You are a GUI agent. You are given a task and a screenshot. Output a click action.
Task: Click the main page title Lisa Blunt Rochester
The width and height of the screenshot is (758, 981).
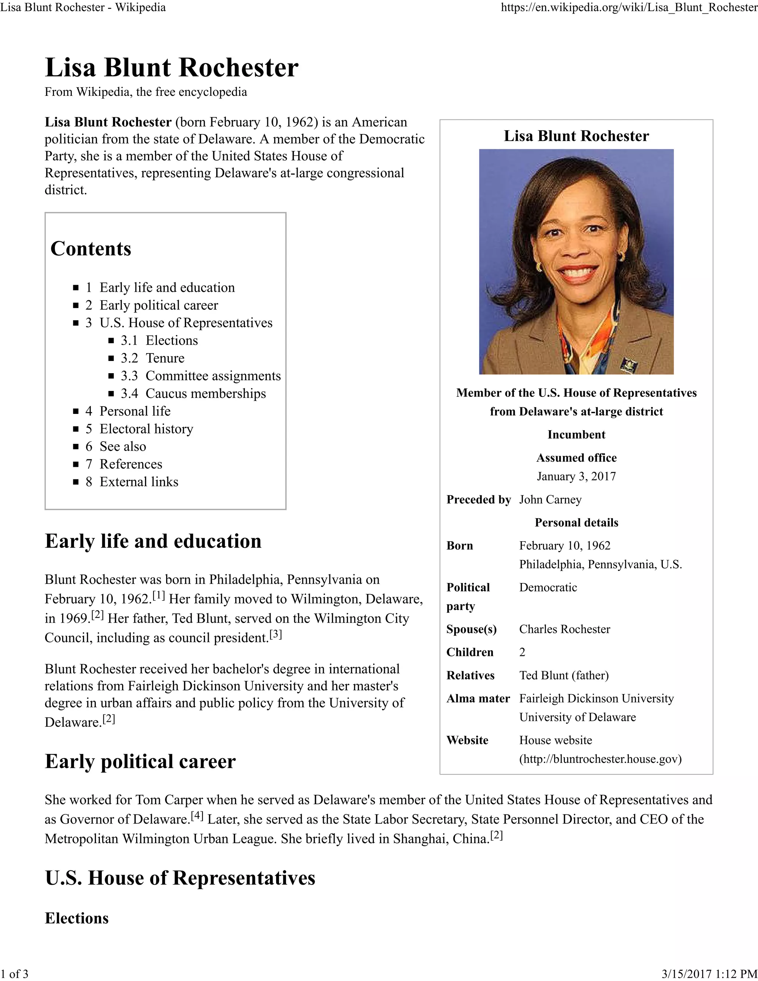(x=171, y=68)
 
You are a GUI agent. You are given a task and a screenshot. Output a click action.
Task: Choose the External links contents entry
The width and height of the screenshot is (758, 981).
(x=139, y=482)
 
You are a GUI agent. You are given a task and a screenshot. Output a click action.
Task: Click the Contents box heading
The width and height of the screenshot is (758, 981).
(x=91, y=248)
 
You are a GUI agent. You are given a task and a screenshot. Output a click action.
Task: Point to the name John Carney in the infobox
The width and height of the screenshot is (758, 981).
(x=550, y=499)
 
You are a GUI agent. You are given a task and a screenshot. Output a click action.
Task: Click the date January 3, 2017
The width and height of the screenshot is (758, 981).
(x=576, y=476)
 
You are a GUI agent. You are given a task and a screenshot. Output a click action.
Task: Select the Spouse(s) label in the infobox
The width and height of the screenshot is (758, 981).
(x=471, y=629)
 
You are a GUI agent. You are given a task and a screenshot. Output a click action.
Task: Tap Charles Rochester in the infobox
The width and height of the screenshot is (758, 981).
(x=564, y=629)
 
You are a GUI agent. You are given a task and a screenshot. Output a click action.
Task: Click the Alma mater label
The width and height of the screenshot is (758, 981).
(x=478, y=698)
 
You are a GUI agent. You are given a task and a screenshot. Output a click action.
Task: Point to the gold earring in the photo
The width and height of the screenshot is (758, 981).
(x=539, y=267)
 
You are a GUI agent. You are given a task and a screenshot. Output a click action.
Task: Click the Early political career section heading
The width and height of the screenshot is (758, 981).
(x=140, y=761)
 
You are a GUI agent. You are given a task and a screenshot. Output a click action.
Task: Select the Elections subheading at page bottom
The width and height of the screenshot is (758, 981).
(x=77, y=918)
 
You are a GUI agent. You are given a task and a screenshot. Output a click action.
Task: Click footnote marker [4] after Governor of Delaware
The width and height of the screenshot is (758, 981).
(x=197, y=816)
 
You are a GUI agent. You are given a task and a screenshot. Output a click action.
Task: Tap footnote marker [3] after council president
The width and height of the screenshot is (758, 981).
(x=275, y=634)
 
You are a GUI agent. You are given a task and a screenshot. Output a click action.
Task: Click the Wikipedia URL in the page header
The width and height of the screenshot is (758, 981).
(x=629, y=8)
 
